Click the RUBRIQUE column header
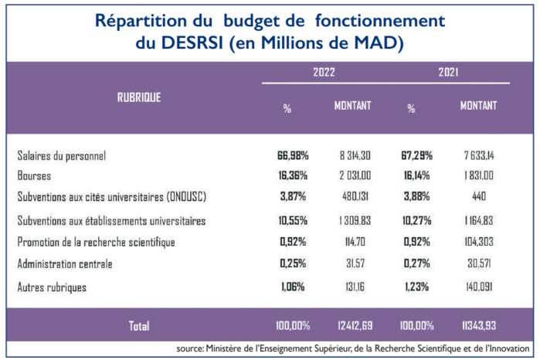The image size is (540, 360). point(139,97)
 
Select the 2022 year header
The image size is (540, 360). point(324,72)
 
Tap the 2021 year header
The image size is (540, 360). point(447,72)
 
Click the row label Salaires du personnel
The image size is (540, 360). point(72,155)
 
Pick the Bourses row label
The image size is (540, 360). point(35,175)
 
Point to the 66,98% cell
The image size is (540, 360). point(293,155)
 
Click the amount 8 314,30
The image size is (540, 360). point(354,155)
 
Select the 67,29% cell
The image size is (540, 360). point(416,155)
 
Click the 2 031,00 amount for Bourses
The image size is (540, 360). point(354,175)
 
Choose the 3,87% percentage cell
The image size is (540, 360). point(293,196)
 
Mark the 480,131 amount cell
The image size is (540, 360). point(354,196)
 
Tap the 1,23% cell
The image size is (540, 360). point(416,287)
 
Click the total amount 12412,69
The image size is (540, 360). point(354,325)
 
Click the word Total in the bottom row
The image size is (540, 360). point(139,325)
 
